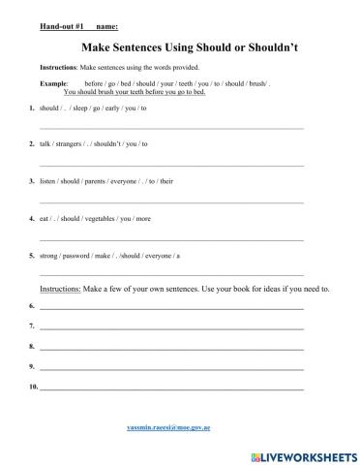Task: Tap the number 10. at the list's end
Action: pyautogui.click(x=34, y=387)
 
